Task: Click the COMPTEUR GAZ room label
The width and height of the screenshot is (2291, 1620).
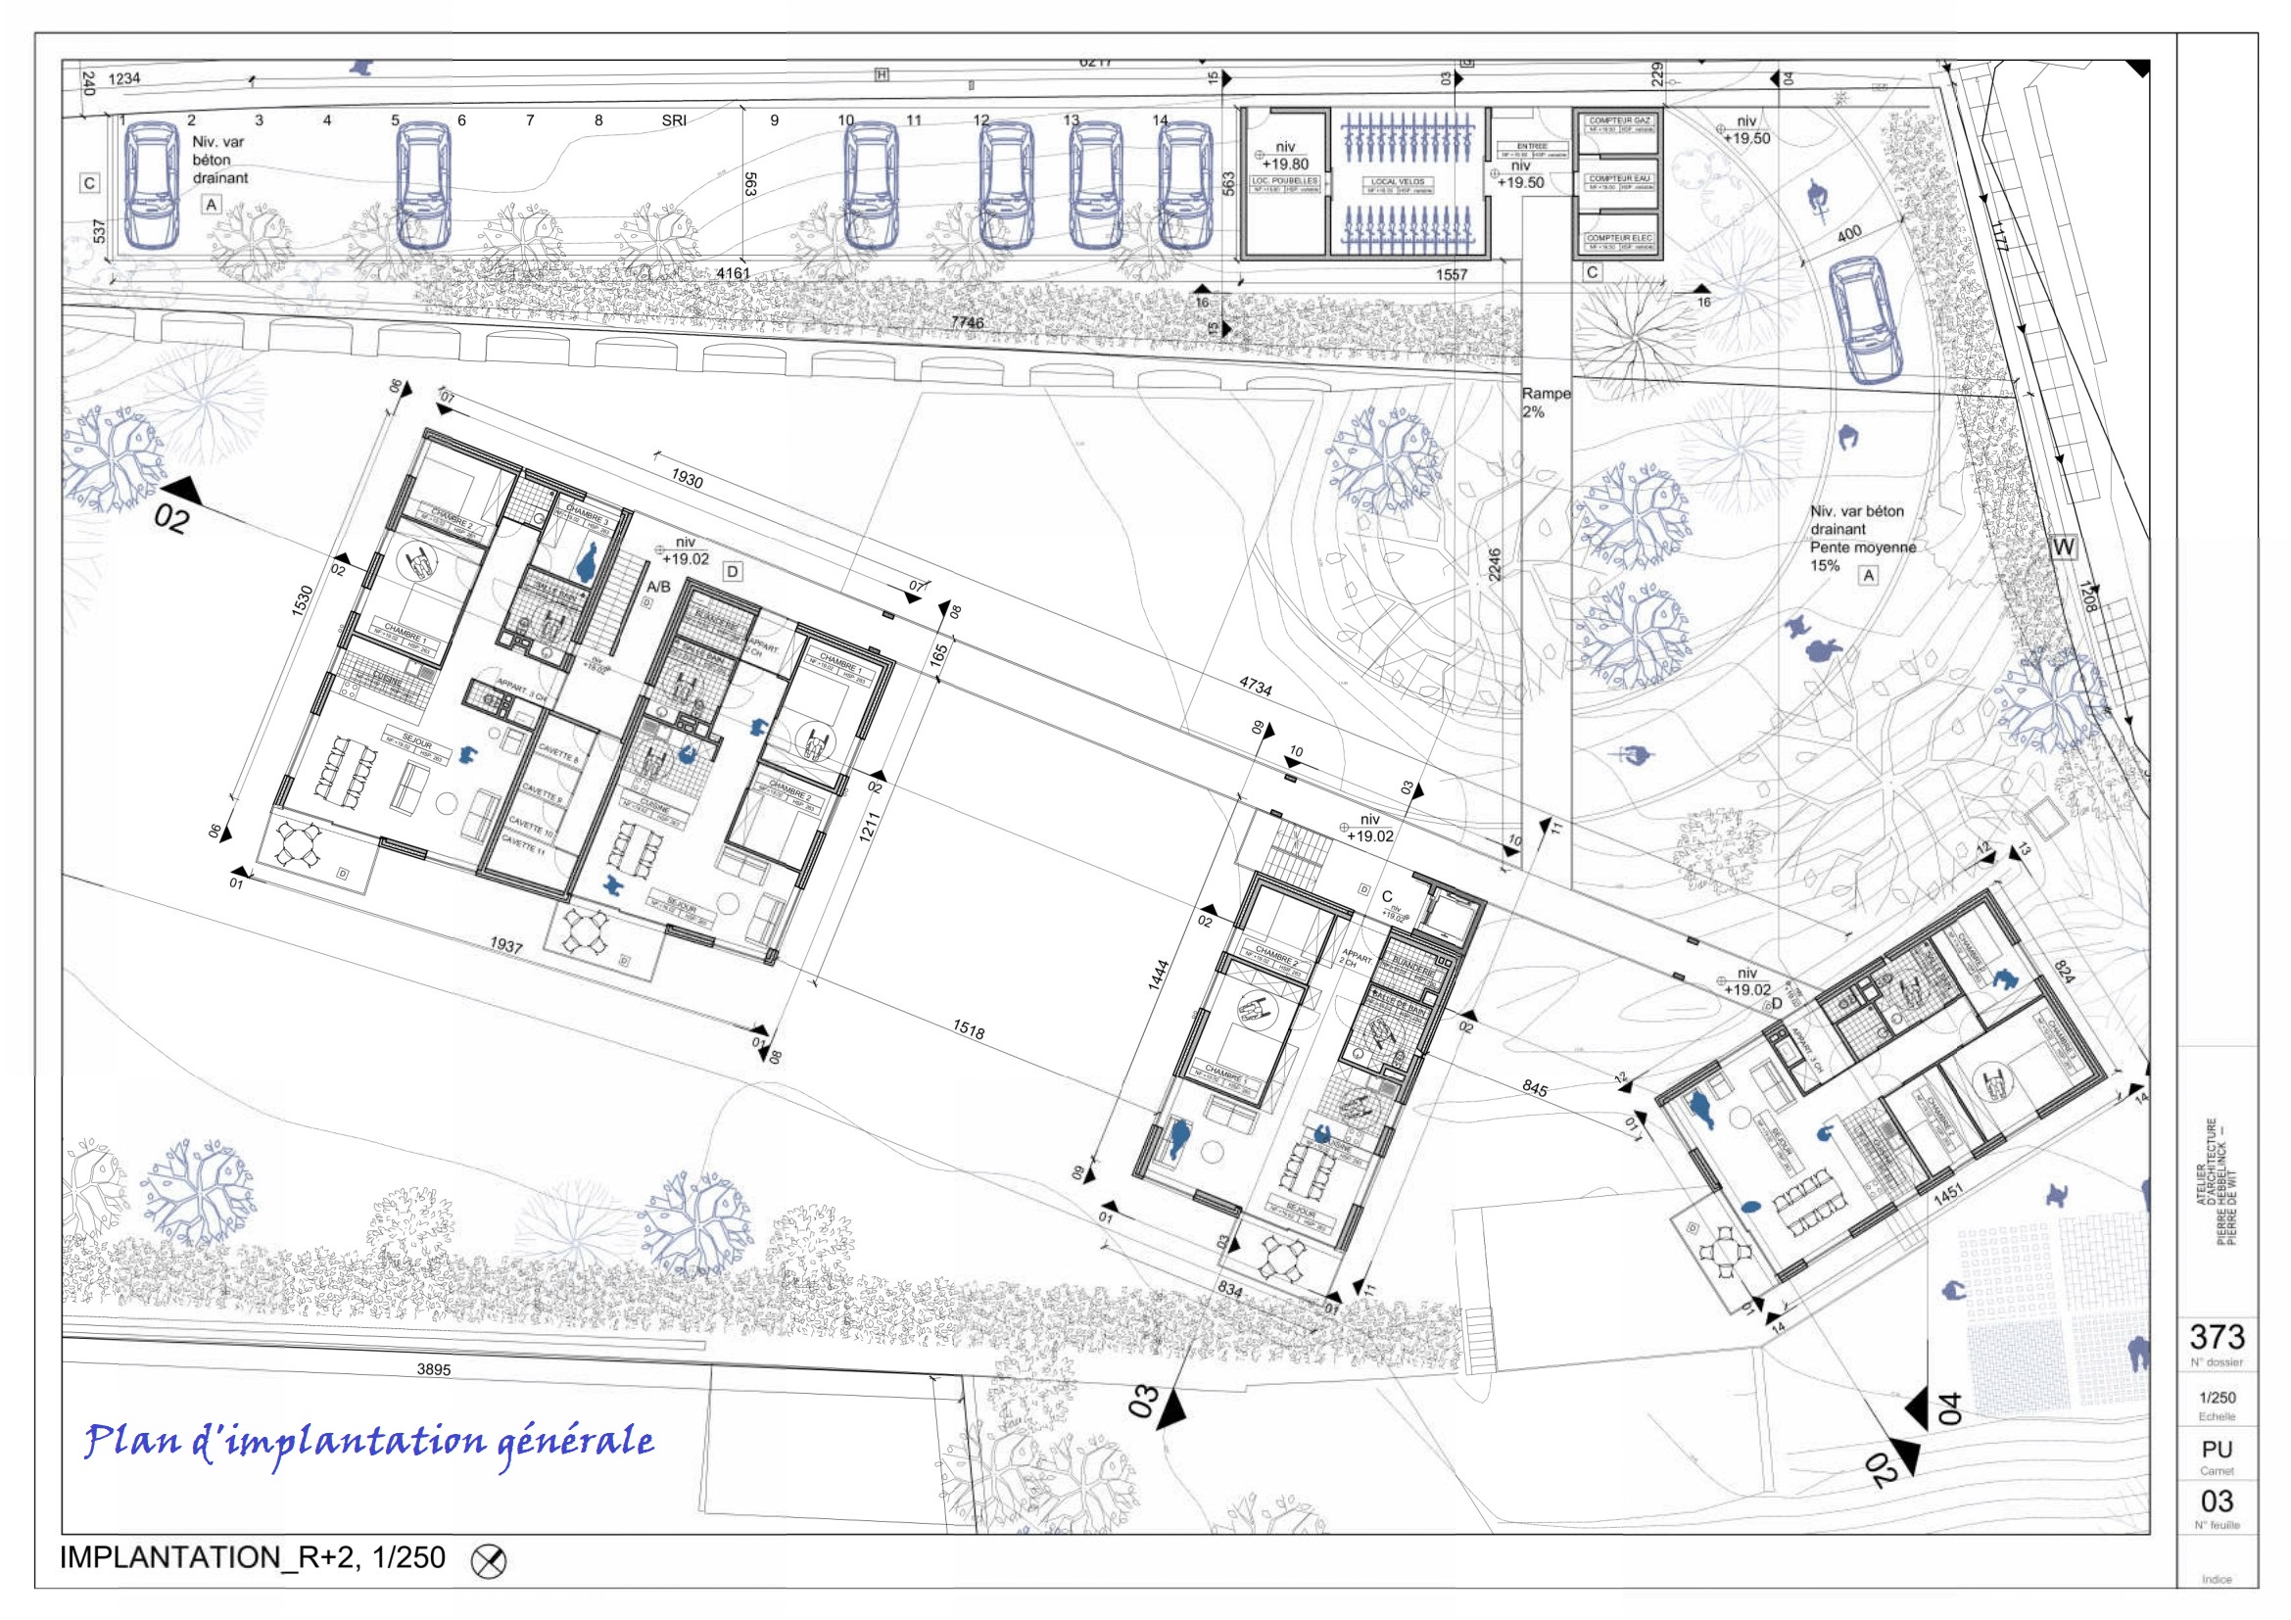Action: pos(1620,120)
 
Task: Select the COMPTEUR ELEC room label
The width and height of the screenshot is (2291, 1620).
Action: pos(1620,238)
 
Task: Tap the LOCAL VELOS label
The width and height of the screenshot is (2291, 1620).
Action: pos(1397,182)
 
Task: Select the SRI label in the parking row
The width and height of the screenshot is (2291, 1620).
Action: pos(674,120)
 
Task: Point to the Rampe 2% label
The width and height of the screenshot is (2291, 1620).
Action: pos(1545,402)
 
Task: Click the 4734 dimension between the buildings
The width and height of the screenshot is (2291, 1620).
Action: pos(1256,687)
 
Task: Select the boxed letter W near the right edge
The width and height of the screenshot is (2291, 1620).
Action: pos(2063,548)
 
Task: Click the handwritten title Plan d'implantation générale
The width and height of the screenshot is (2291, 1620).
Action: pos(369,1442)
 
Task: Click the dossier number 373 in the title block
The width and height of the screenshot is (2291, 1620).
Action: pos(2218,1336)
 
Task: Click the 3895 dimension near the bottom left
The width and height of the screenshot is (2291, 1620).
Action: pos(433,1369)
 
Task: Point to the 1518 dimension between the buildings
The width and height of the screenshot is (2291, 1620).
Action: pos(968,1030)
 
